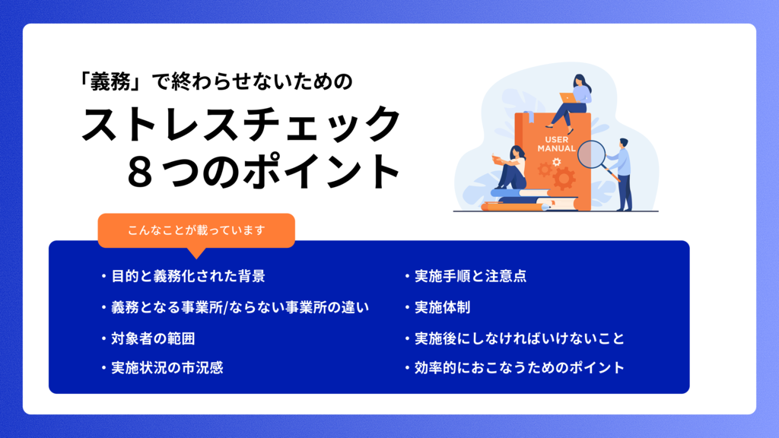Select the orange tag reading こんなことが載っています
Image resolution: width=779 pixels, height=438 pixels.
196,230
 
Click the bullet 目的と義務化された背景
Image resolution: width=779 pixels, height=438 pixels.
188,277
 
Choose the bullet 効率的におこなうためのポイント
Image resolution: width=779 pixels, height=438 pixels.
520,368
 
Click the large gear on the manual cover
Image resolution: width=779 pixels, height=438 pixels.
564,179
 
